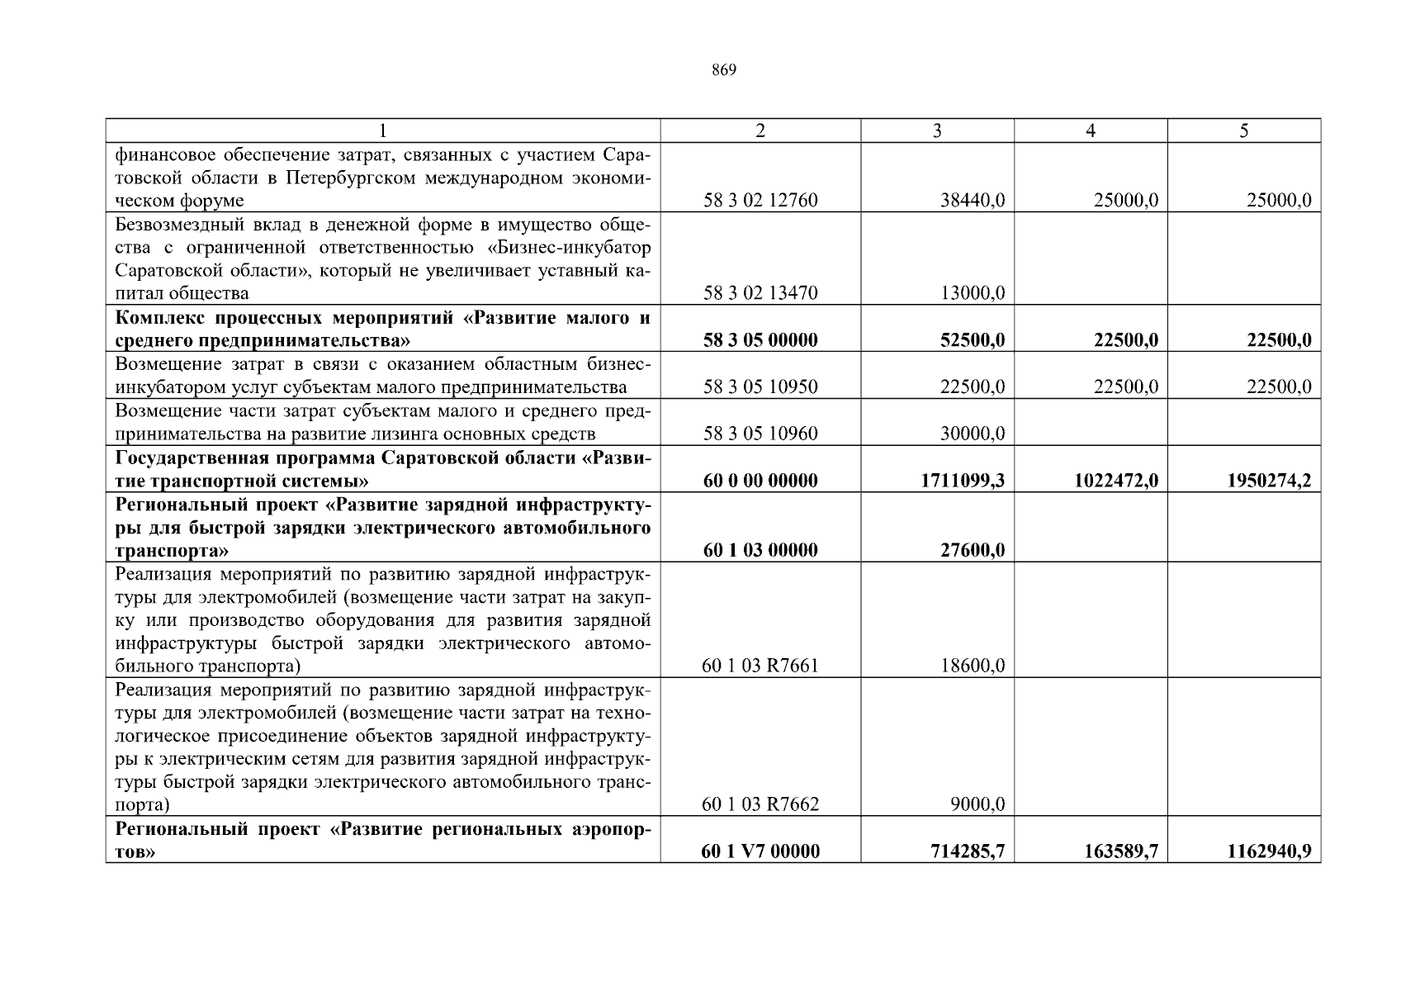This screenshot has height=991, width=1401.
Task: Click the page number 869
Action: (x=723, y=70)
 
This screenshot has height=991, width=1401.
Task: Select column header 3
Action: (x=937, y=130)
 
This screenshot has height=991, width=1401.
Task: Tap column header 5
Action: (x=1243, y=130)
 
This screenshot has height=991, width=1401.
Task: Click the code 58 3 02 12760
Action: (x=760, y=201)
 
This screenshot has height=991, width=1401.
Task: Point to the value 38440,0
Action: (x=973, y=201)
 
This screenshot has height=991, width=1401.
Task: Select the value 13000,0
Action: (x=973, y=293)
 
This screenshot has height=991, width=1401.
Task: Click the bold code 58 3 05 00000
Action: (x=760, y=340)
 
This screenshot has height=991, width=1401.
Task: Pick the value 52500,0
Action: (x=973, y=340)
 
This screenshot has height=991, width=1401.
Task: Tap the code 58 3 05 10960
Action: (x=760, y=434)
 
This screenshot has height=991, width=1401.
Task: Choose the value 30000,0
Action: (x=973, y=434)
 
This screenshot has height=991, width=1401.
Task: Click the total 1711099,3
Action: (x=963, y=481)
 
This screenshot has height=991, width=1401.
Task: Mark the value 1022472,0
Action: (x=1116, y=481)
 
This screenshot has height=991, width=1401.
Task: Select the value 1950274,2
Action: (x=1270, y=481)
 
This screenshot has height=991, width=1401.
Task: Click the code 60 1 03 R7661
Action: (x=760, y=666)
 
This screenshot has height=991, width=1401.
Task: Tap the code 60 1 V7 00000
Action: (x=760, y=851)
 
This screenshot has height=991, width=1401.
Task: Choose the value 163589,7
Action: (x=1121, y=851)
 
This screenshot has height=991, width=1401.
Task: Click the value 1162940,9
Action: (x=1270, y=851)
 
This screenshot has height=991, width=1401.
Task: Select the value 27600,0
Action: (x=973, y=550)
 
